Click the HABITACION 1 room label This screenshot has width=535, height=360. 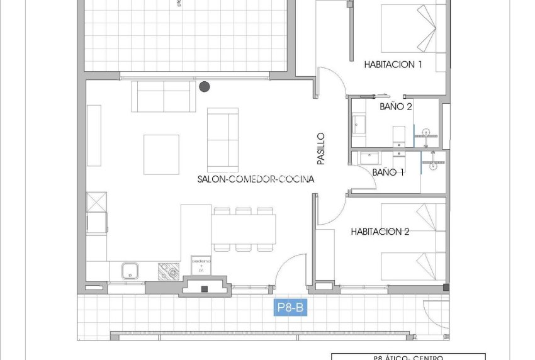tap(393, 64)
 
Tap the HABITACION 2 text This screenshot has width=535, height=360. tap(380, 232)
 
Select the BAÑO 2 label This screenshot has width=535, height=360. tap(396, 107)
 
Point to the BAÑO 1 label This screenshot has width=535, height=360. tap(388, 172)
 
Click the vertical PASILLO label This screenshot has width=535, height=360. tap(321, 148)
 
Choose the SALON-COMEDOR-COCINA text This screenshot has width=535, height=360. tap(256, 179)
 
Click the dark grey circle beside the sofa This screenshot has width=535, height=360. tap(205, 87)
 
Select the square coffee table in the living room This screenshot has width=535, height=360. tap(161, 154)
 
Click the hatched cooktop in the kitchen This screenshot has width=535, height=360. tap(168, 271)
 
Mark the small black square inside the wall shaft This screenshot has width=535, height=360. tap(204, 289)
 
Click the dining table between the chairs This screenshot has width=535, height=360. tap(243, 229)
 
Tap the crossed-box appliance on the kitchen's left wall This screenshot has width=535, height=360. tap(97, 203)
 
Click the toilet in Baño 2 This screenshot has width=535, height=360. tap(399, 134)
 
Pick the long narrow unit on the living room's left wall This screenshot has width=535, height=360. tap(94, 135)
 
